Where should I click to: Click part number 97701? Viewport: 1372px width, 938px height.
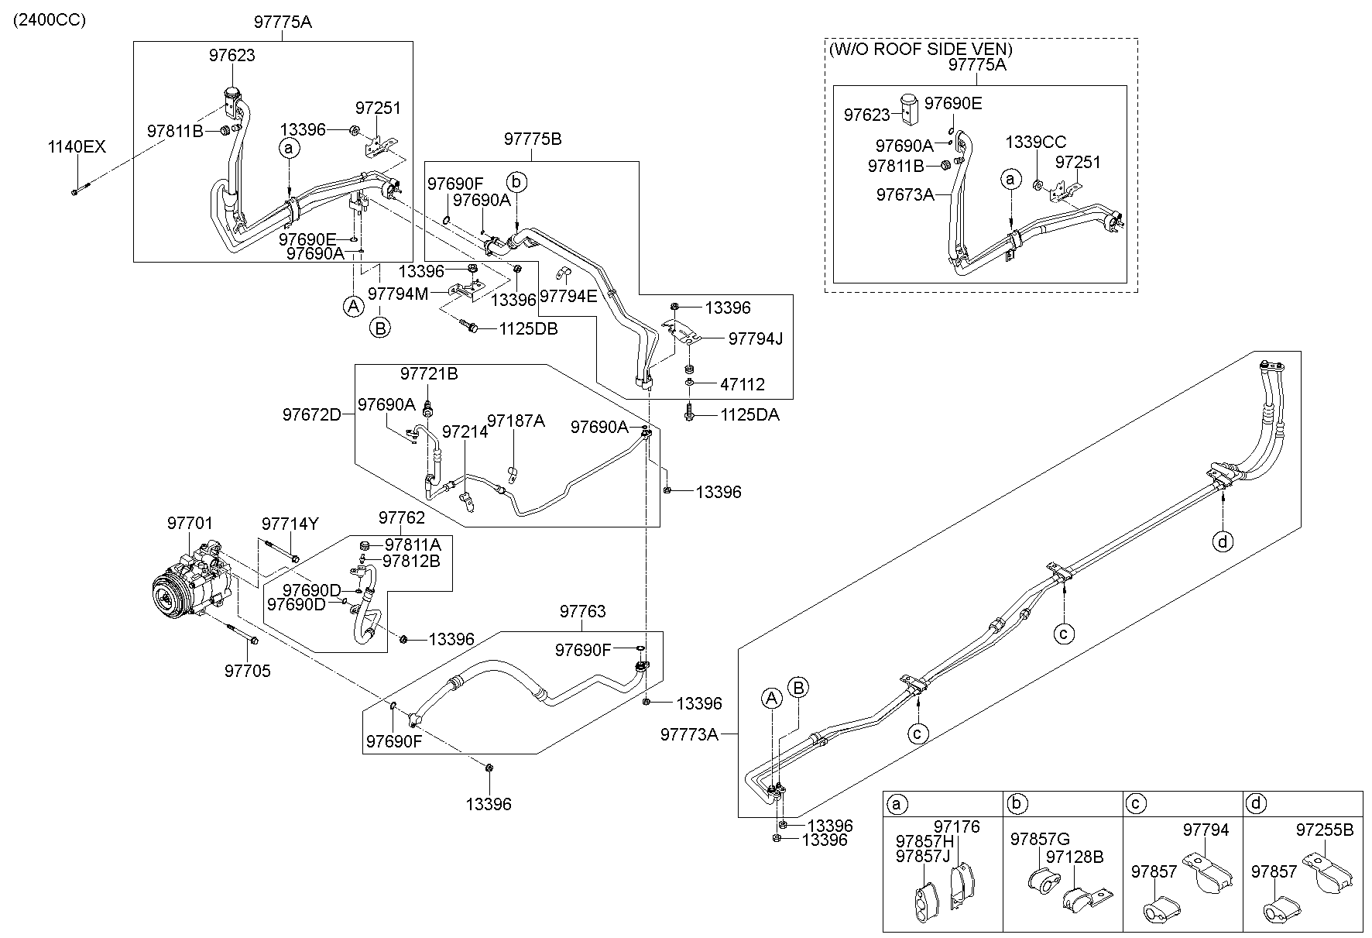pos(190,524)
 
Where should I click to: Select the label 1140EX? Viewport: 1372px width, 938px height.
pos(76,147)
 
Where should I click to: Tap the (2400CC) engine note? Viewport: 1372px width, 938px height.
pos(49,19)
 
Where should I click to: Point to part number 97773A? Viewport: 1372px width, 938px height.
pos(689,734)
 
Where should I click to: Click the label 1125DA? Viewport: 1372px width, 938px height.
pos(749,415)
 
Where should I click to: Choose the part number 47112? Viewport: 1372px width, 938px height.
pos(742,384)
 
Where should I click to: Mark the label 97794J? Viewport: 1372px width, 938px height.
pos(756,338)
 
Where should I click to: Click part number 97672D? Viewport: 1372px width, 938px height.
pos(311,414)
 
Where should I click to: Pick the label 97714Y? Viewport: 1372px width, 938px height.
pos(290,524)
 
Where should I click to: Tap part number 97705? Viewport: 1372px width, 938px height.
pos(248,671)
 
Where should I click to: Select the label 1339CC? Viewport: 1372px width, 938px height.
pos(1035,143)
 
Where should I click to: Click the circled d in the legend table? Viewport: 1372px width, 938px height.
pos(1257,804)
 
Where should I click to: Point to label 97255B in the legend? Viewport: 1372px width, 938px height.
pos(1324,830)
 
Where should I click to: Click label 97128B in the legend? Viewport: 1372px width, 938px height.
pos(1074,857)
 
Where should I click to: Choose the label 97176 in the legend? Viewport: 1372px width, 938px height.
pos(956,827)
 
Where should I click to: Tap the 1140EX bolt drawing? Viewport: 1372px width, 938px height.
pos(82,188)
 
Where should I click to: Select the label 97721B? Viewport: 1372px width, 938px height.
pos(429,374)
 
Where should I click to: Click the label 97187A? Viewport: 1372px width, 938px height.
pos(516,421)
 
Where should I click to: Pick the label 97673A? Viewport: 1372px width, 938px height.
pos(905,194)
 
